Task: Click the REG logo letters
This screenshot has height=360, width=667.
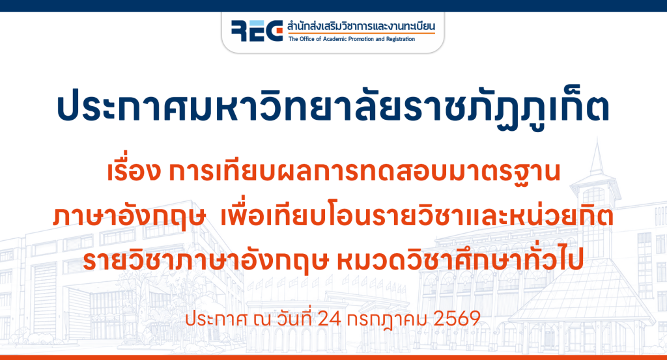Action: (x=257, y=31)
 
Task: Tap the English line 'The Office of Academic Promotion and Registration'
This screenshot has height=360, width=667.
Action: (x=351, y=39)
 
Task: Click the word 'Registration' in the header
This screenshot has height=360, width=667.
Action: (x=401, y=39)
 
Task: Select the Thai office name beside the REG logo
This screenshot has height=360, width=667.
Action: (x=361, y=26)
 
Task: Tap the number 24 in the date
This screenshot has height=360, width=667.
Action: (x=330, y=319)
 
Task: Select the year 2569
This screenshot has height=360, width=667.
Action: (x=457, y=319)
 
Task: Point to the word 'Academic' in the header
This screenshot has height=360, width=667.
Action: (x=335, y=39)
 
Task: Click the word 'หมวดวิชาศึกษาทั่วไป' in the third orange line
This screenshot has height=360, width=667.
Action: (x=460, y=260)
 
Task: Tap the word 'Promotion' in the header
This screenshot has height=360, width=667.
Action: (x=361, y=39)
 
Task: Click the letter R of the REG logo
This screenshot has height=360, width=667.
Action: (x=240, y=31)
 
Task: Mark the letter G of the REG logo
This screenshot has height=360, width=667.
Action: (x=274, y=31)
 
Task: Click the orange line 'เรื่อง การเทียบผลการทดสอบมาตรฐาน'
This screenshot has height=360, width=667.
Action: (x=333, y=171)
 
